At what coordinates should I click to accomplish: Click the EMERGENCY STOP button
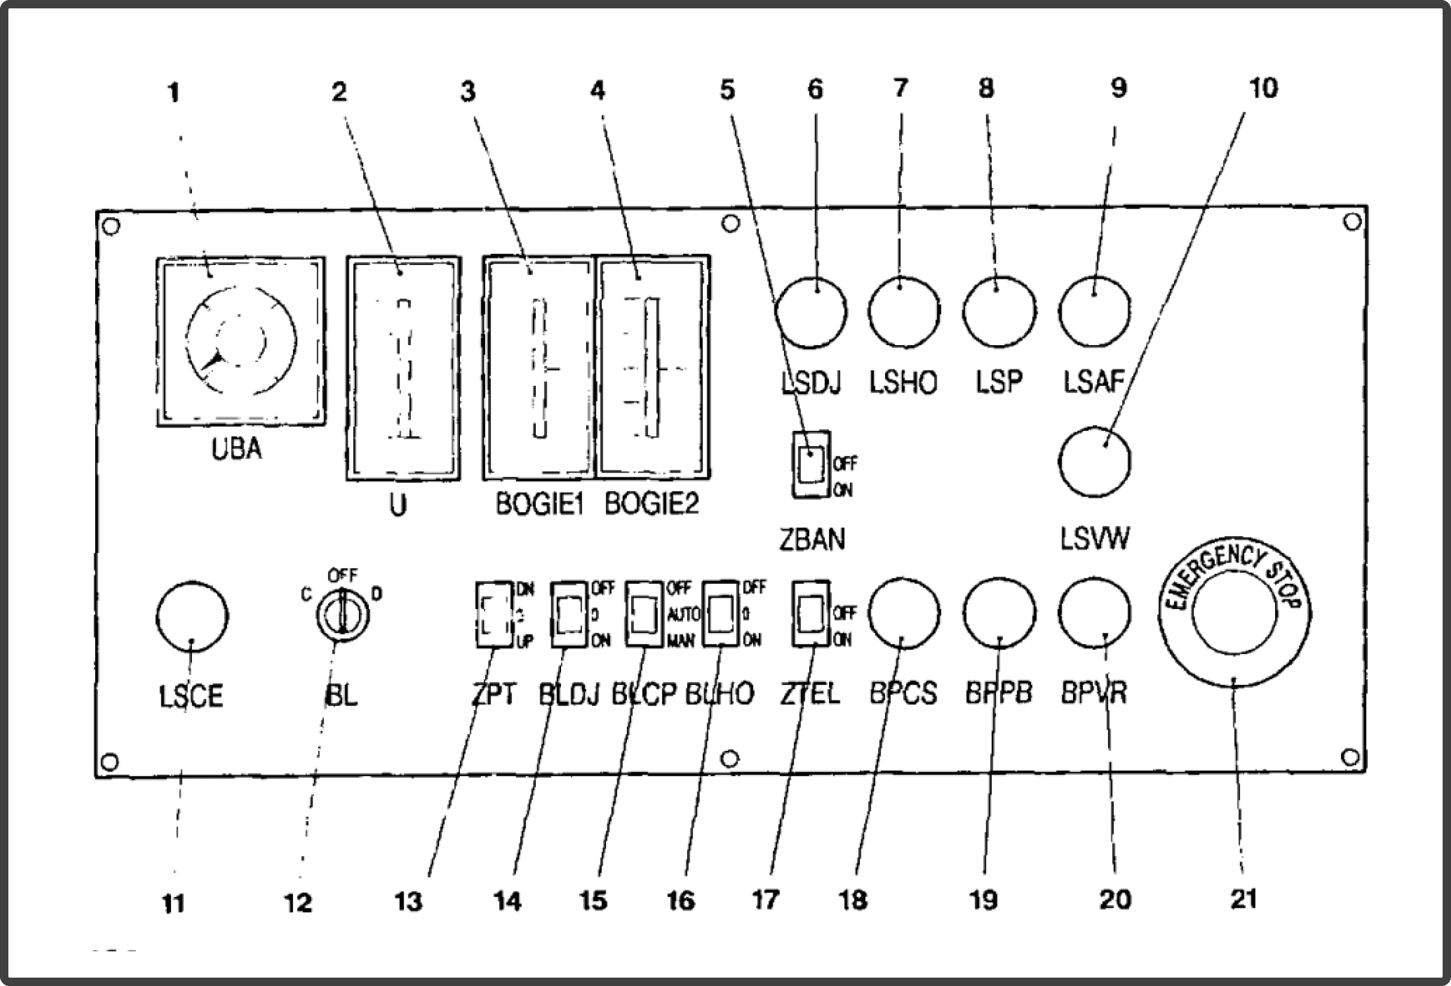coord(1234,614)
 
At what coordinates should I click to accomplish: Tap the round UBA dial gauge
coord(241,342)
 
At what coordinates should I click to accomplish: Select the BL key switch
coord(343,614)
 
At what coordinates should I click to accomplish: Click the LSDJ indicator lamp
coord(810,312)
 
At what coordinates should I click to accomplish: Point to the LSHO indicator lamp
coord(904,312)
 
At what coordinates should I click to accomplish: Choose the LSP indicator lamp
coord(999,312)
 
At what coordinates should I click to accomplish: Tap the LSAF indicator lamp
coord(1095,312)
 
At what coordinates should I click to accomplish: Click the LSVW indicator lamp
coord(1095,462)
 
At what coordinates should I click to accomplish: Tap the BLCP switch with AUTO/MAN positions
coord(644,614)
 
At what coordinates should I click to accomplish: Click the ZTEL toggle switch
coord(810,614)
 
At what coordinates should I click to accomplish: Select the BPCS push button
coord(904,614)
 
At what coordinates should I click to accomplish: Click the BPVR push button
coord(1095,614)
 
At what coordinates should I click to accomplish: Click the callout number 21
coord(1243,899)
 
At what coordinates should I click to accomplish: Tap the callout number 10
coord(1263,89)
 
